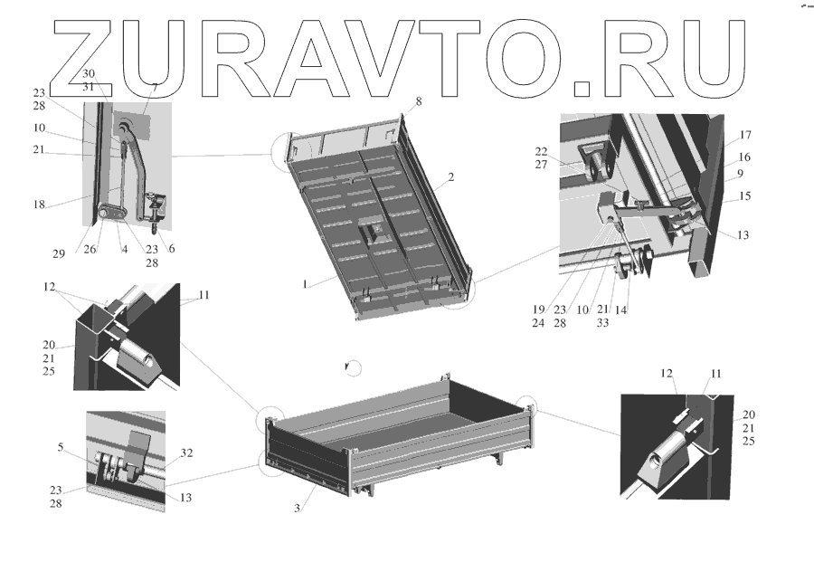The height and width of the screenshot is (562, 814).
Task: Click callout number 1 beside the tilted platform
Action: click(307, 284)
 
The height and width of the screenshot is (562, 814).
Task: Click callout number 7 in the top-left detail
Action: click(154, 87)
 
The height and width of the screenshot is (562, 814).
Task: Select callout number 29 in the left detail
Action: click(58, 254)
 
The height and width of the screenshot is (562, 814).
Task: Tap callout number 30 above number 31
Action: click(88, 72)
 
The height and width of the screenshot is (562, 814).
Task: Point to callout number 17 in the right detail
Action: click(745, 136)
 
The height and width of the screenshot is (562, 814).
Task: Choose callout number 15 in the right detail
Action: click(745, 196)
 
